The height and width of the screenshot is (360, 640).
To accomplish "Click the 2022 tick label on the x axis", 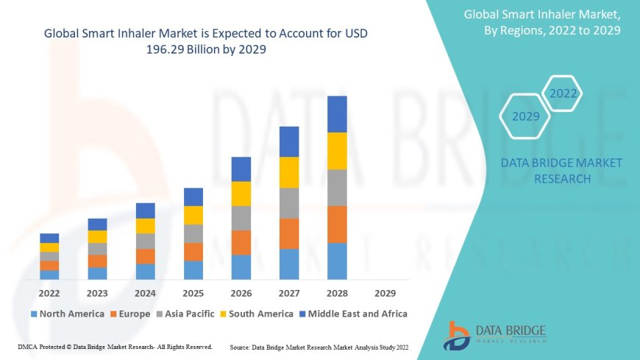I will tap(49, 292).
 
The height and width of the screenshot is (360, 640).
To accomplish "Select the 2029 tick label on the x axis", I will tap(385, 292).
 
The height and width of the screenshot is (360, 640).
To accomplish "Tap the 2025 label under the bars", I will tap(193, 292).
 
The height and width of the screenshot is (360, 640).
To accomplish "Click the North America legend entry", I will tap(67, 314).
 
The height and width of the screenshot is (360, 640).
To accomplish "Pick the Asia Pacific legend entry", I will tap(190, 314).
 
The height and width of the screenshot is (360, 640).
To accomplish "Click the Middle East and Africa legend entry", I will tap(355, 314).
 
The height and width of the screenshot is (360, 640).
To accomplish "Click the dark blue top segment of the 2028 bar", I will tap(337, 114).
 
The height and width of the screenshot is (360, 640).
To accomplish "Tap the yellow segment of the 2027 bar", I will tap(289, 172).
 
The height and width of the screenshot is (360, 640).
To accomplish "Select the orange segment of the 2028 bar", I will tap(337, 224).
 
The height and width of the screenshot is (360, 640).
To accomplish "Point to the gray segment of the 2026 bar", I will tap(241, 218).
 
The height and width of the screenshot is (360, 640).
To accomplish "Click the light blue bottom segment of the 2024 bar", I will tap(146, 272).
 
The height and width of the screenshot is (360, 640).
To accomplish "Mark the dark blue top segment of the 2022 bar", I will tap(49, 238).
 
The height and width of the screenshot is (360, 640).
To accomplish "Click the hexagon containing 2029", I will tap(525, 116).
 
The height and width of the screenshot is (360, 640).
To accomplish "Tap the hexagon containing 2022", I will tap(563, 93).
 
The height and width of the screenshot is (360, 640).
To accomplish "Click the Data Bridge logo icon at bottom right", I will tap(457, 335).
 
